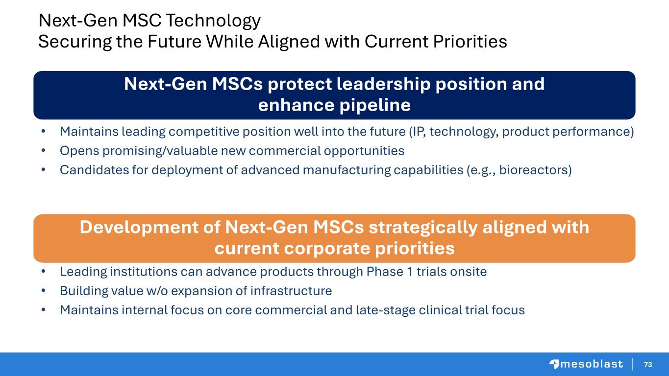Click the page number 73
(x=648, y=364)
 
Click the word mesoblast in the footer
(x=592, y=364)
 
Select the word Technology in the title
(x=213, y=21)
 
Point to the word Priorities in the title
(x=470, y=41)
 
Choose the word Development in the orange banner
(x=139, y=228)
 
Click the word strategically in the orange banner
(x=423, y=228)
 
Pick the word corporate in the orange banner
(x=327, y=249)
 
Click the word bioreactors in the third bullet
(x=535, y=170)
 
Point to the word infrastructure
(x=291, y=291)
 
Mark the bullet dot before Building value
(x=43, y=290)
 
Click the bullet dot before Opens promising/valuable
(x=43, y=150)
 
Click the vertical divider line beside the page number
(x=633, y=364)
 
